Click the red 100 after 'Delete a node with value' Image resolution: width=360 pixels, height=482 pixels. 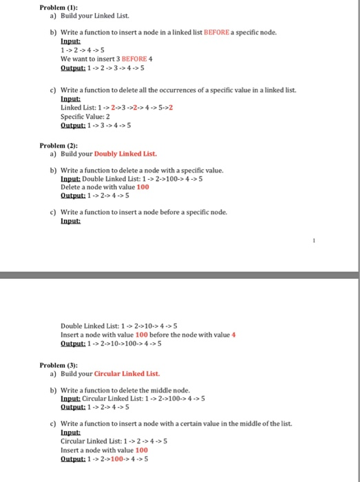(x=142, y=187)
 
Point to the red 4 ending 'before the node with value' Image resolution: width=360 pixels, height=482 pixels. (x=234, y=334)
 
